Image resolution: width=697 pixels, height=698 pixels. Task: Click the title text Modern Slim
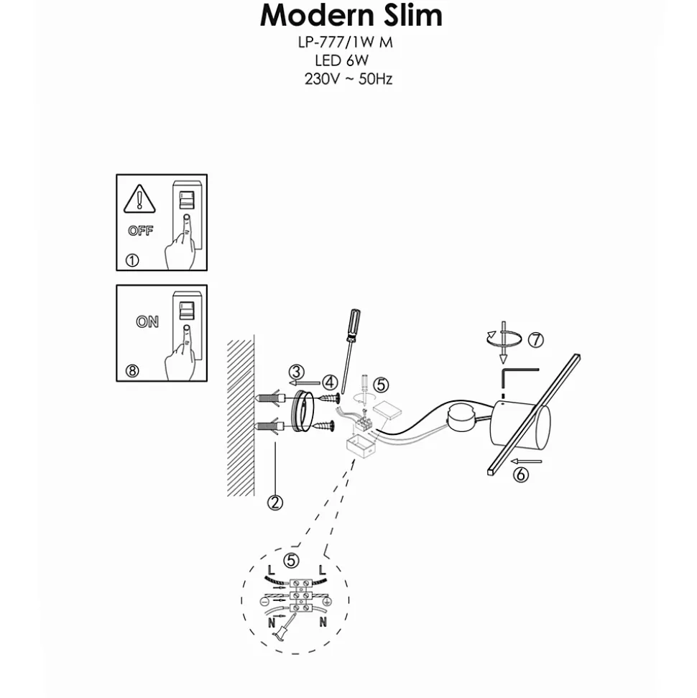click(x=351, y=16)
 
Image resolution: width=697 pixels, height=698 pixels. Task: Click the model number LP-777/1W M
click(x=346, y=42)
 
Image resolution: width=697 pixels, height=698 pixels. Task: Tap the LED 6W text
click(x=342, y=60)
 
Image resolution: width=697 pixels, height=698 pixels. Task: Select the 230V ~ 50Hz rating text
click(x=348, y=79)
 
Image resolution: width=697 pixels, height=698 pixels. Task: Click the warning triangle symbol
click(x=139, y=198)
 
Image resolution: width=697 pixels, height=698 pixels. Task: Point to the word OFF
click(x=141, y=231)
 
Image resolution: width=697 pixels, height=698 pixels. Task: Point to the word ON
click(x=147, y=321)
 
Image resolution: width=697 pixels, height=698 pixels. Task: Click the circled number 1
click(x=132, y=260)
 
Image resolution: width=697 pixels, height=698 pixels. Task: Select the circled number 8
click(x=132, y=370)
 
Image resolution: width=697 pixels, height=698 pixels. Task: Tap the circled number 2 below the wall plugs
click(x=275, y=502)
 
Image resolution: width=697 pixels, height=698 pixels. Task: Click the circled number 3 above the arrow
click(x=297, y=372)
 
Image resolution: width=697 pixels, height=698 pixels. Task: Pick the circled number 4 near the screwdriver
click(x=330, y=382)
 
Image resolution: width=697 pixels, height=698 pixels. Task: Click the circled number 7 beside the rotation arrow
click(x=536, y=340)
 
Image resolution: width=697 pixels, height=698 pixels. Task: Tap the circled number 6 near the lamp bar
click(x=521, y=474)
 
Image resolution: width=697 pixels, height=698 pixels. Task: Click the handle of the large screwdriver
click(x=354, y=325)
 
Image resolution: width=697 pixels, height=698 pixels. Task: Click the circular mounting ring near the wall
click(x=303, y=410)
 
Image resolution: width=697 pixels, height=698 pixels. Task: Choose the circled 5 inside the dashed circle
click(x=291, y=560)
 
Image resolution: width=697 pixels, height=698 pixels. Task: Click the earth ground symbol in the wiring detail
click(x=326, y=602)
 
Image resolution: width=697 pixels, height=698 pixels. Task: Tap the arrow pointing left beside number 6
click(x=527, y=461)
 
